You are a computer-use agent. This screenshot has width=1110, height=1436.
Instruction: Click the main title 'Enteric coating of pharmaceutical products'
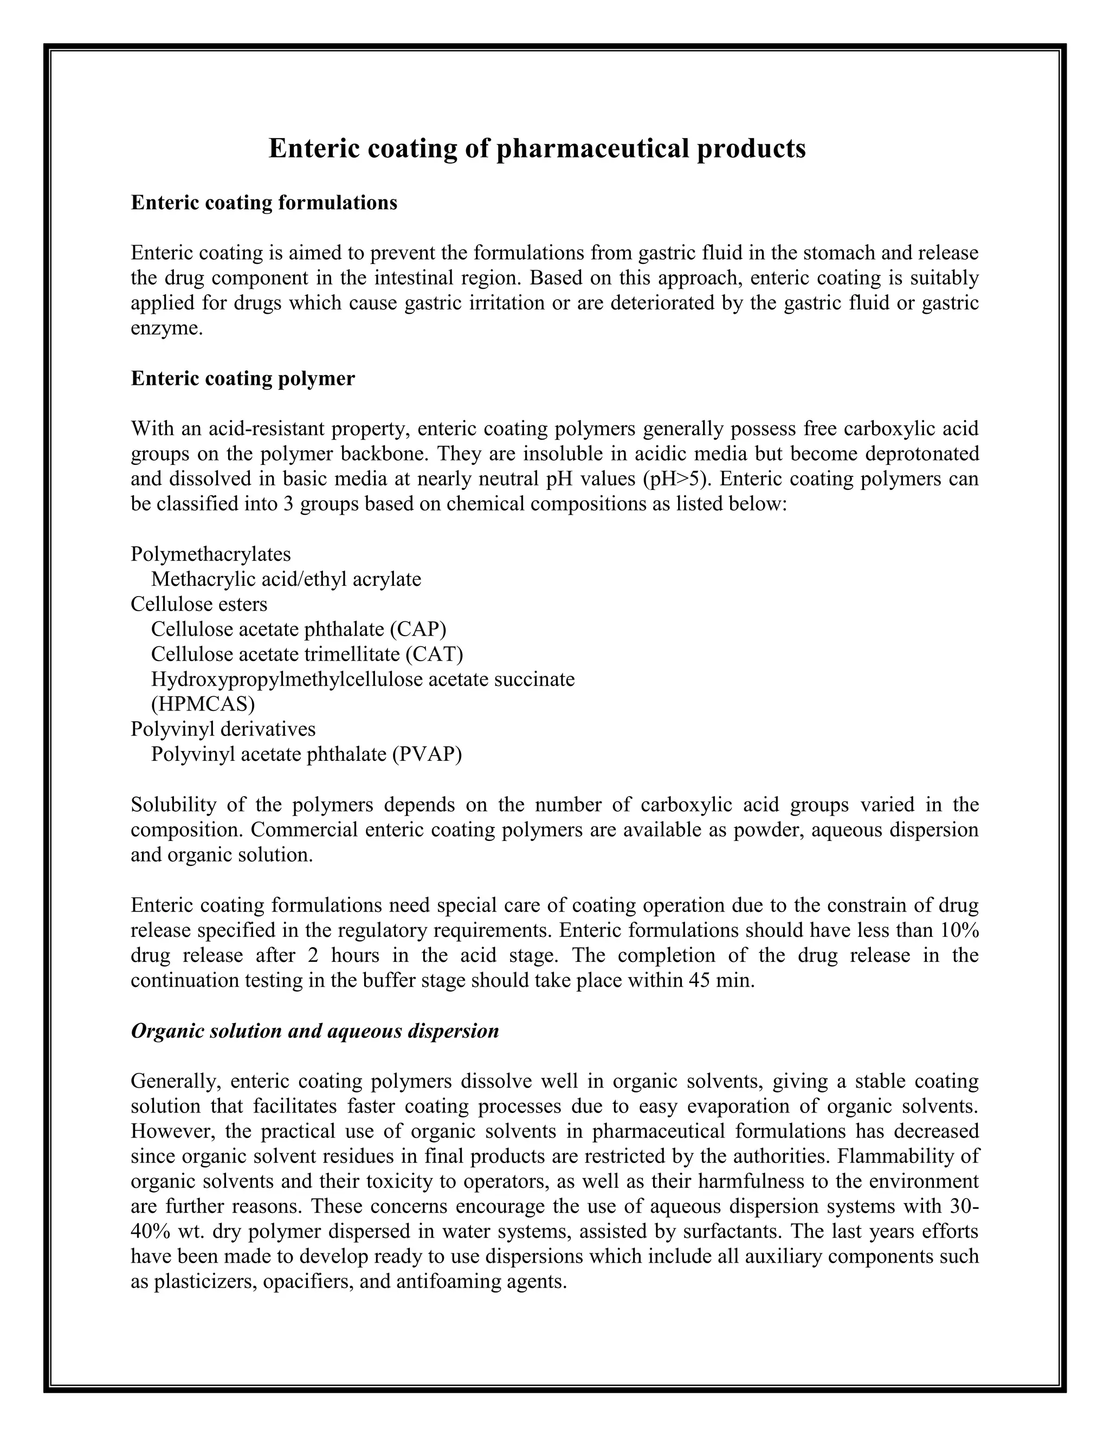pos(537,148)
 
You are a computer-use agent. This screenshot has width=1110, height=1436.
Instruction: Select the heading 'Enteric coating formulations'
pos(264,203)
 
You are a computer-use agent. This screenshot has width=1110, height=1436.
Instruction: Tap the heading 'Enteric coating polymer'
pos(243,379)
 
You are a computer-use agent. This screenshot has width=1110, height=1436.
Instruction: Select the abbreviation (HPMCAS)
pos(203,704)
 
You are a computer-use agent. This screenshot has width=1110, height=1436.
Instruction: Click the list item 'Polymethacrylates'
pos(210,554)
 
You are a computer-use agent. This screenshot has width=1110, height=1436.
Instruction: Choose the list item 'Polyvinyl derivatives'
pos(223,729)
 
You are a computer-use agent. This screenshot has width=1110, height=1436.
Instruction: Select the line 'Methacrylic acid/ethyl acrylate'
pos(286,579)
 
